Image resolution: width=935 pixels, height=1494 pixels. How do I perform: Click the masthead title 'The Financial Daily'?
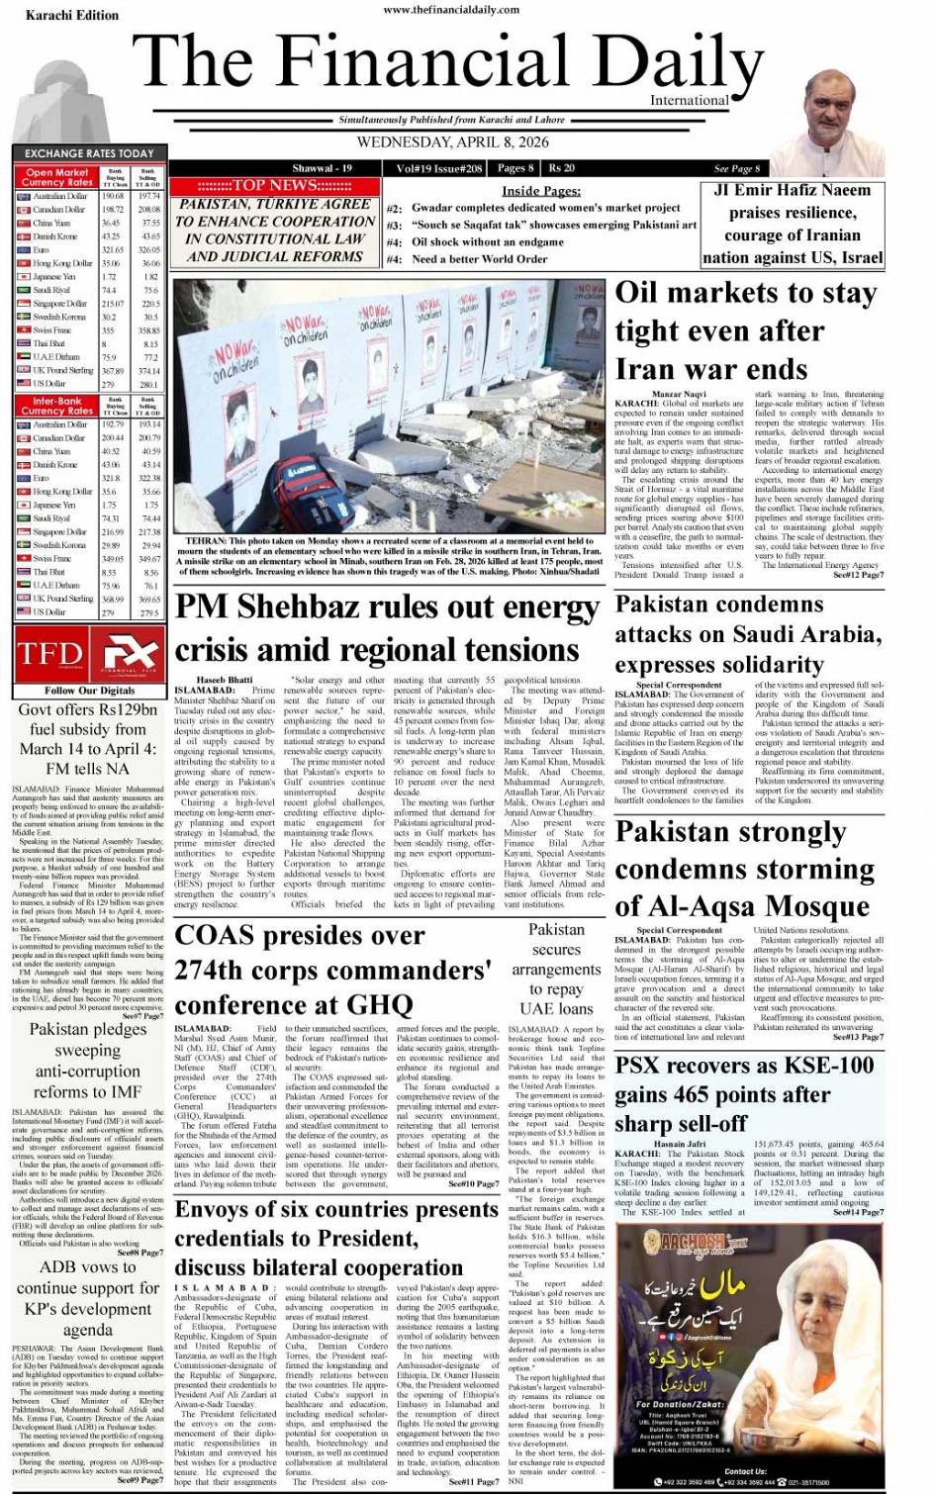pos(448,61)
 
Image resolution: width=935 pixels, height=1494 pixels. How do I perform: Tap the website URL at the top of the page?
pos(450,10)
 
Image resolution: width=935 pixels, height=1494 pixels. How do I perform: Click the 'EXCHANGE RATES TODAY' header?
pos(89,153)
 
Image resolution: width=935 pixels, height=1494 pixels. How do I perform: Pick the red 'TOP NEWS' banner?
pos(274,185)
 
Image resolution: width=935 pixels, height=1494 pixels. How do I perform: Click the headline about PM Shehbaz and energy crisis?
pos(387,629)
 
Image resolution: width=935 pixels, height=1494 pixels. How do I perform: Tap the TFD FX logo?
pos(89,654)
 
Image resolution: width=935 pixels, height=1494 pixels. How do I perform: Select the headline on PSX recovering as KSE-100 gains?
pos(744,1094)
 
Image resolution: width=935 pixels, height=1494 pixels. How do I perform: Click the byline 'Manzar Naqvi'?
pos(680,395)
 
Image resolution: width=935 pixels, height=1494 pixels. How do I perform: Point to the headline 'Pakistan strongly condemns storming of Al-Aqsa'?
pos(744,869)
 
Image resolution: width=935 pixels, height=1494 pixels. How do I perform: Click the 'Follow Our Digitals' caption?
pos(89,690)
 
